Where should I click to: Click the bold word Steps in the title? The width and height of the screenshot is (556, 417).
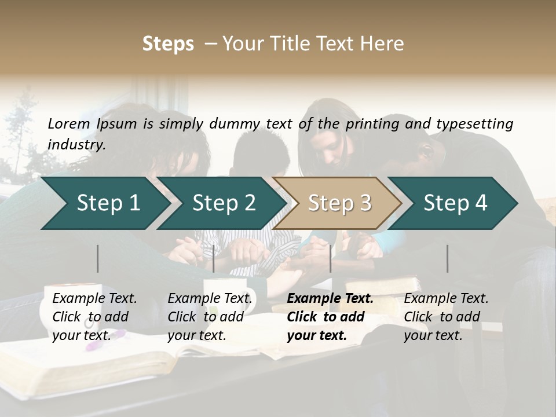(168, 44)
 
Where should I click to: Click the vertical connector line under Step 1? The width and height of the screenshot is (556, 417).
(98, 258)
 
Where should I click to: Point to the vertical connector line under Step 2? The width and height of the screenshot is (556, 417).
(214, 258)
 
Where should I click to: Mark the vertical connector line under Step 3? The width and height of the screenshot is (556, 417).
(331, 258)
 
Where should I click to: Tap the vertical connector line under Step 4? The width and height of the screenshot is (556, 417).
(447, 258)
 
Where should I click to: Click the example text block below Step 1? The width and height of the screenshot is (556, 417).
(94, 317)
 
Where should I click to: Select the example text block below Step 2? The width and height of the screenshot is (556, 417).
(210, 317)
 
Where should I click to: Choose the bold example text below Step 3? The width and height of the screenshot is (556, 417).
(330, 317)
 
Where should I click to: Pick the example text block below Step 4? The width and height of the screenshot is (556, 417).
(446, 317)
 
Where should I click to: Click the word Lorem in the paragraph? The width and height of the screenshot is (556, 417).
(69, 123)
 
